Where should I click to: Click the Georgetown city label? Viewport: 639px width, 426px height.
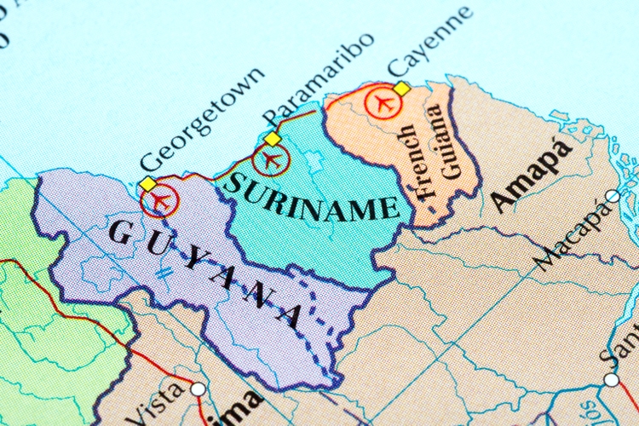[x=201, y=119]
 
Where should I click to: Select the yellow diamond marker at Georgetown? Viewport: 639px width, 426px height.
[x=148, y=184]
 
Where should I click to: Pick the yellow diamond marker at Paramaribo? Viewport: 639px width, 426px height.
[x=272, y=139]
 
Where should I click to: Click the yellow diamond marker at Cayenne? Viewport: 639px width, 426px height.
[x=401, y=89]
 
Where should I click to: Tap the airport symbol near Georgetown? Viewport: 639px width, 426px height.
[x=159, y=202]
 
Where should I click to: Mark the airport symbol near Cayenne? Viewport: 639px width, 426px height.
[x=383, y=102]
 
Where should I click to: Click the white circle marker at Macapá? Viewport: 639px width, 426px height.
[x=612, y=197]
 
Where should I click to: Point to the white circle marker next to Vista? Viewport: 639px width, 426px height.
[x=198, y=389]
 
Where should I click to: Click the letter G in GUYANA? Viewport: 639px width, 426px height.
[x=121, y=229]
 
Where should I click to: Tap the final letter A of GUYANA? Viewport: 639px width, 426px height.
[x=289, y=314]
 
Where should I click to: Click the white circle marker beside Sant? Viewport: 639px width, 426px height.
[x=612, y=379]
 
